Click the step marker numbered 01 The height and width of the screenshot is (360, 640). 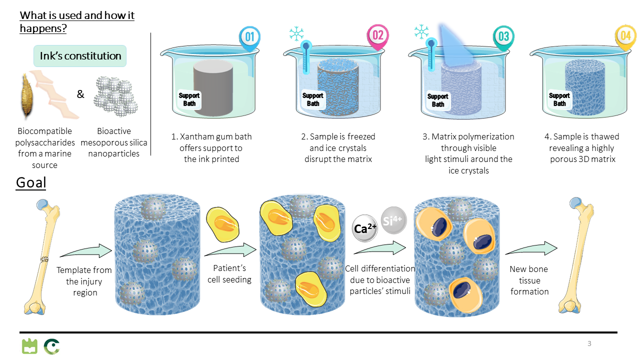(250, 37)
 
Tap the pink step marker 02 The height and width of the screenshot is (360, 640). (377, 36)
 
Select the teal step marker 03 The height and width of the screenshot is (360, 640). (503, 36)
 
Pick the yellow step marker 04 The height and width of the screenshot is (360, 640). (625, 36)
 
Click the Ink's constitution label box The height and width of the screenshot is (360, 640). (80, 56)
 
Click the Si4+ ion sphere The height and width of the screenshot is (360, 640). (394, 220)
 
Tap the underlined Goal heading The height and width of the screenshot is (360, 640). (31, 182)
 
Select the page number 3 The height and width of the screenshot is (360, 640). (589, 343)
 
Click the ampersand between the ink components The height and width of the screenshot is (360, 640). (80, 93)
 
